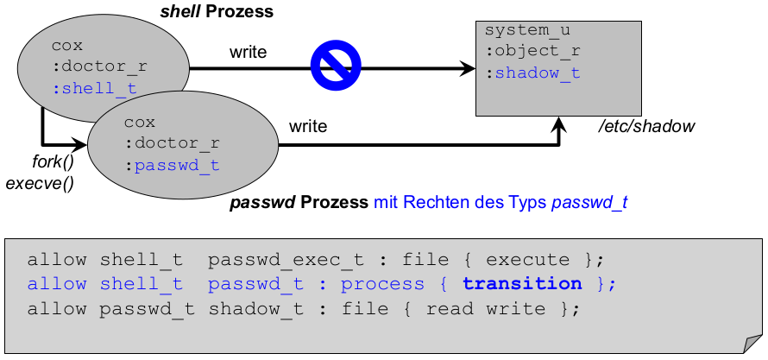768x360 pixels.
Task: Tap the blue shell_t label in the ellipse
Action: point(94,88)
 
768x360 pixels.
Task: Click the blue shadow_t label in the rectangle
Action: point(537,73)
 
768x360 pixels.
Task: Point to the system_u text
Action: point(527,30)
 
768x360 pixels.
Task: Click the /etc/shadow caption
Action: point(646,127)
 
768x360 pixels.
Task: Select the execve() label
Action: point(40,182)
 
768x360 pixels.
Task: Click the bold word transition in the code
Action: point(522,284)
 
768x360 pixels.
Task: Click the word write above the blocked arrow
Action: point(248,53)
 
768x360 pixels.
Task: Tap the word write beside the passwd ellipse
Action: point(308,126)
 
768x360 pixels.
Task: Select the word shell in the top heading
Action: point(180,11)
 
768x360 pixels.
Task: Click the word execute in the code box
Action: point(528,260)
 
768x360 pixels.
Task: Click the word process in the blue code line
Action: point(382,284)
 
